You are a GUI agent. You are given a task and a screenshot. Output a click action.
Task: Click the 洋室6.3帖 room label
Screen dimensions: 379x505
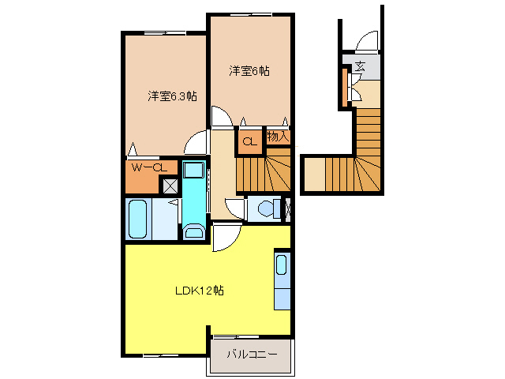click(172, 96)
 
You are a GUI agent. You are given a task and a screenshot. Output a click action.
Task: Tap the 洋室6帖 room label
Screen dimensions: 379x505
click(249, 71)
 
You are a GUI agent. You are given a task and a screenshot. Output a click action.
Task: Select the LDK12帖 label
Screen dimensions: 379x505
click(199, 291)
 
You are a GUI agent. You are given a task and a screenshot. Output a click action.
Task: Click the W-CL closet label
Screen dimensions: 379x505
click(147, 167)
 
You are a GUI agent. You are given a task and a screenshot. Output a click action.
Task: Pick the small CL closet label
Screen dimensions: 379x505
click(249, 142)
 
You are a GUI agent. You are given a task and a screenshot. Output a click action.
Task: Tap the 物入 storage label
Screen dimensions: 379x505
click(277, 137)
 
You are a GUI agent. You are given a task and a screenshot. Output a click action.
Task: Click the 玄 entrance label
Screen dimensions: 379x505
click(360, 66)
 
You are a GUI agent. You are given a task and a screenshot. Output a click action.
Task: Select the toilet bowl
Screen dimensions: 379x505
click(267, 208)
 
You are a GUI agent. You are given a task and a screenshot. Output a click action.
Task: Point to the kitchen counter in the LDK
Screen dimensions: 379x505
click(282, 281)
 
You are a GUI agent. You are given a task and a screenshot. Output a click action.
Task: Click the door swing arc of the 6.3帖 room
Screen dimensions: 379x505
click(193, 143)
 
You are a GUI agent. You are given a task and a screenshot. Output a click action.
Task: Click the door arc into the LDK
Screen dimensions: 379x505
click(223, 236)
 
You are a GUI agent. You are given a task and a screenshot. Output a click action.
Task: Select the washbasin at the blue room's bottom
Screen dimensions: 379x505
click(193, 231)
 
